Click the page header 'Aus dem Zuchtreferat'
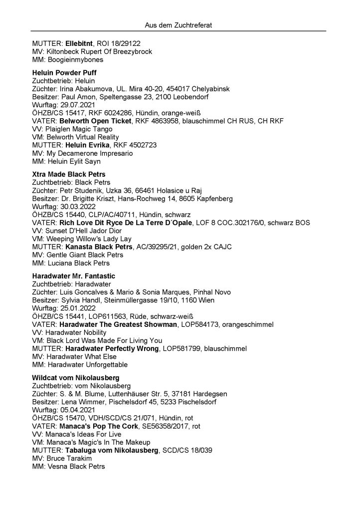[x=180, y=24]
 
